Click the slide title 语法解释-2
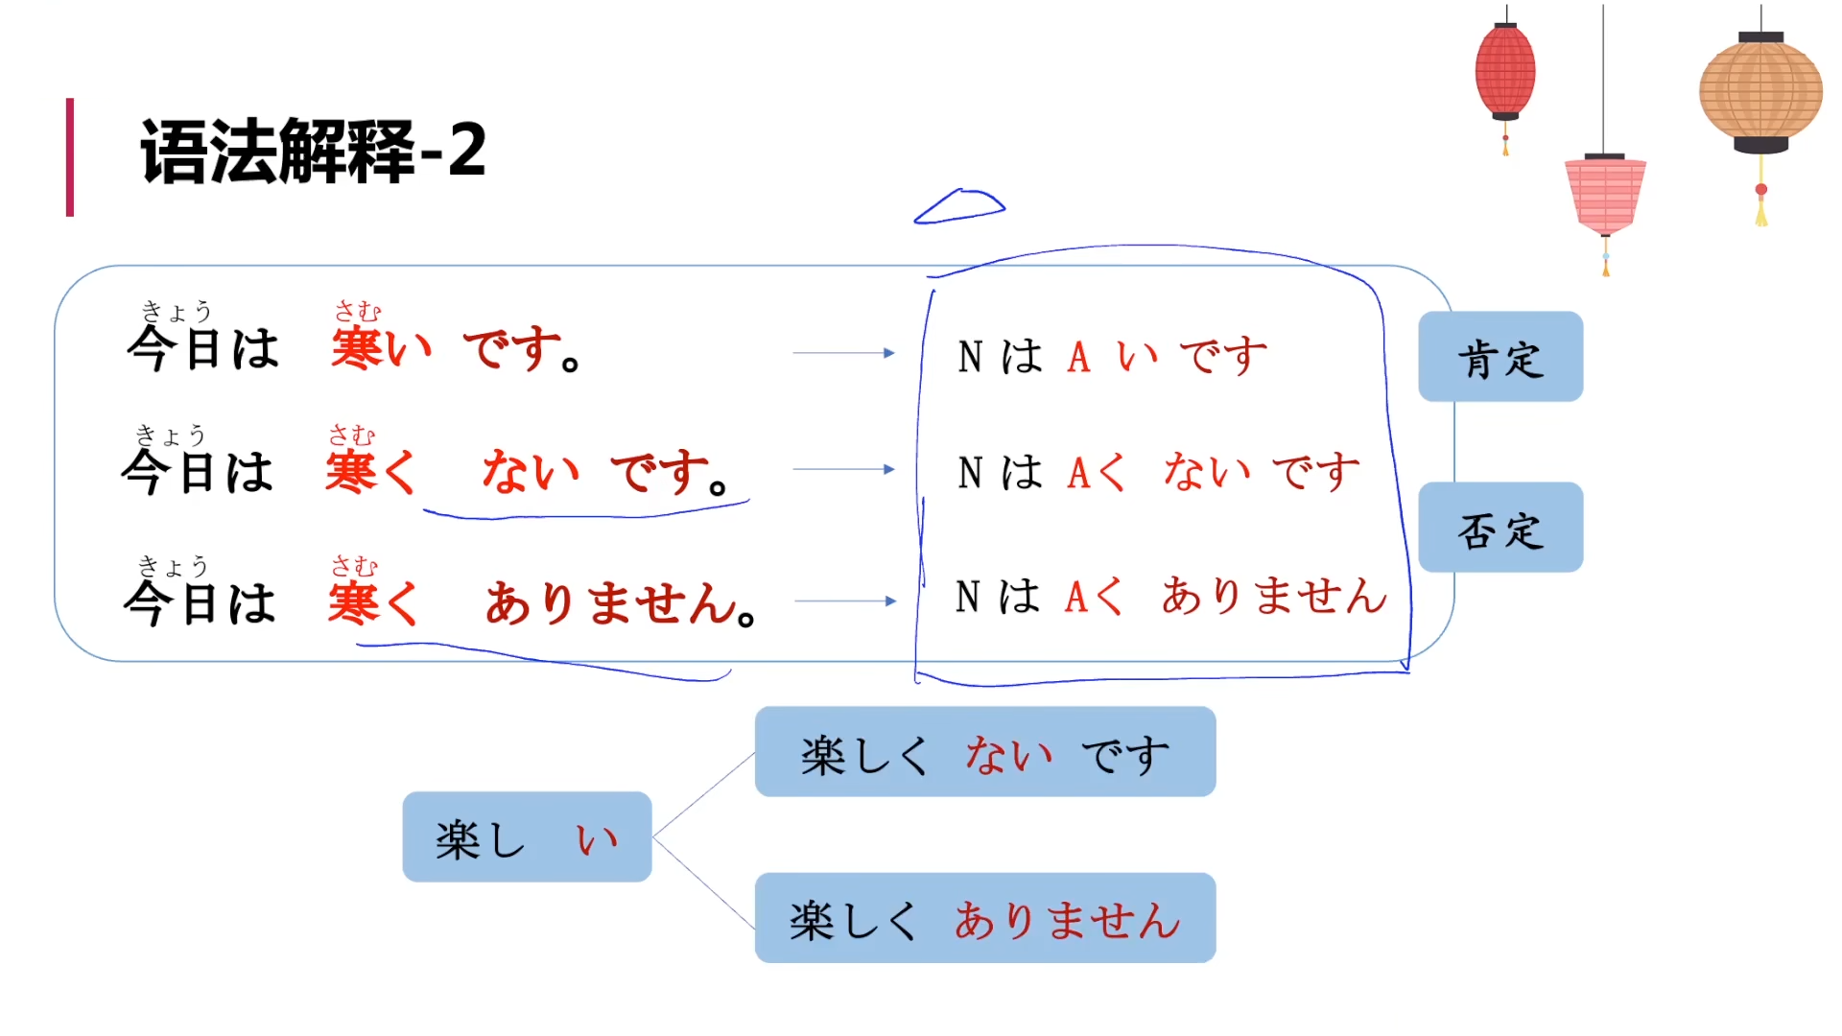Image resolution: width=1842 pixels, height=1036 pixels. (313, 151)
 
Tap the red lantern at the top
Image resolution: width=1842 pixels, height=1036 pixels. (1504, 72)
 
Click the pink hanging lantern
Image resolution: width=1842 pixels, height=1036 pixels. (1605, 196)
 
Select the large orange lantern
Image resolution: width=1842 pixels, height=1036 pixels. (1760, 92)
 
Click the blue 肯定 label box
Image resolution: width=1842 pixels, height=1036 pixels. (1500, 357)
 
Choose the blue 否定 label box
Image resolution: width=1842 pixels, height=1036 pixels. (1500, 528)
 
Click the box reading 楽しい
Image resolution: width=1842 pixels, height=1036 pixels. (527, 836)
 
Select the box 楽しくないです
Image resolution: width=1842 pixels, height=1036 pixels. (985, 752)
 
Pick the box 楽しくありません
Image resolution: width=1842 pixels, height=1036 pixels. (985, 918)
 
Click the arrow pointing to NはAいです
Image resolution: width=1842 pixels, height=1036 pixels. (843, 353)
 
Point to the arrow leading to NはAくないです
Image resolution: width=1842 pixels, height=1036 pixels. (843, 469)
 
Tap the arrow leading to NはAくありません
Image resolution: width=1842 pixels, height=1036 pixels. (844, 601)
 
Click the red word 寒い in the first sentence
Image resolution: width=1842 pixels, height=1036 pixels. (381, 346)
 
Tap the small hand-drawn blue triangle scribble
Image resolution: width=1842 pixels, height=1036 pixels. (958, 206)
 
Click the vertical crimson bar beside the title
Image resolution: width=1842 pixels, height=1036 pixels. (70, 157)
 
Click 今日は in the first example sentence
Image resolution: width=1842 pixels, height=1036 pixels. (202, 346)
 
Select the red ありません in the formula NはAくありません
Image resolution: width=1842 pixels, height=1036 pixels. (1274, 596)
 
